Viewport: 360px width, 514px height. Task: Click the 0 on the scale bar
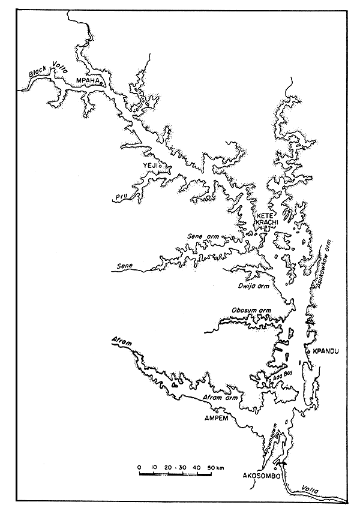(139, 466)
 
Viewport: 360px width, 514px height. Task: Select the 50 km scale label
(214, 466)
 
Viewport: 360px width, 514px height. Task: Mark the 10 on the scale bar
(154, 466)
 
